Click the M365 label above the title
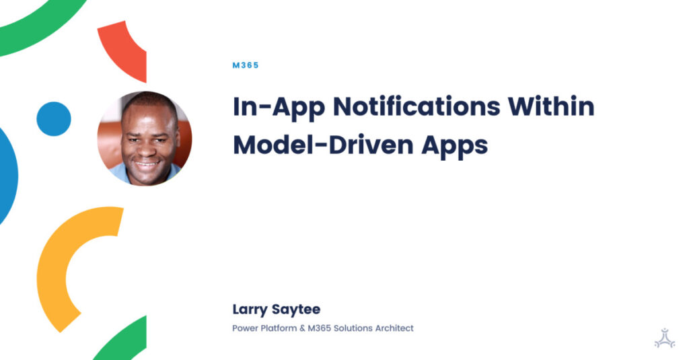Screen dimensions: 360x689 (245, 65)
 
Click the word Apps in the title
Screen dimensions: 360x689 (458, 146)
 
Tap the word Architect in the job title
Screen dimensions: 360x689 (394, 328)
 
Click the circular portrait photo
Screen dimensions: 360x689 (145, 138)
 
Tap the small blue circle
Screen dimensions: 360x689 (54, 119)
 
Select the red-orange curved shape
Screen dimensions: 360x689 (124, 47)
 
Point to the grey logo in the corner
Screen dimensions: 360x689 (664, 337)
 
